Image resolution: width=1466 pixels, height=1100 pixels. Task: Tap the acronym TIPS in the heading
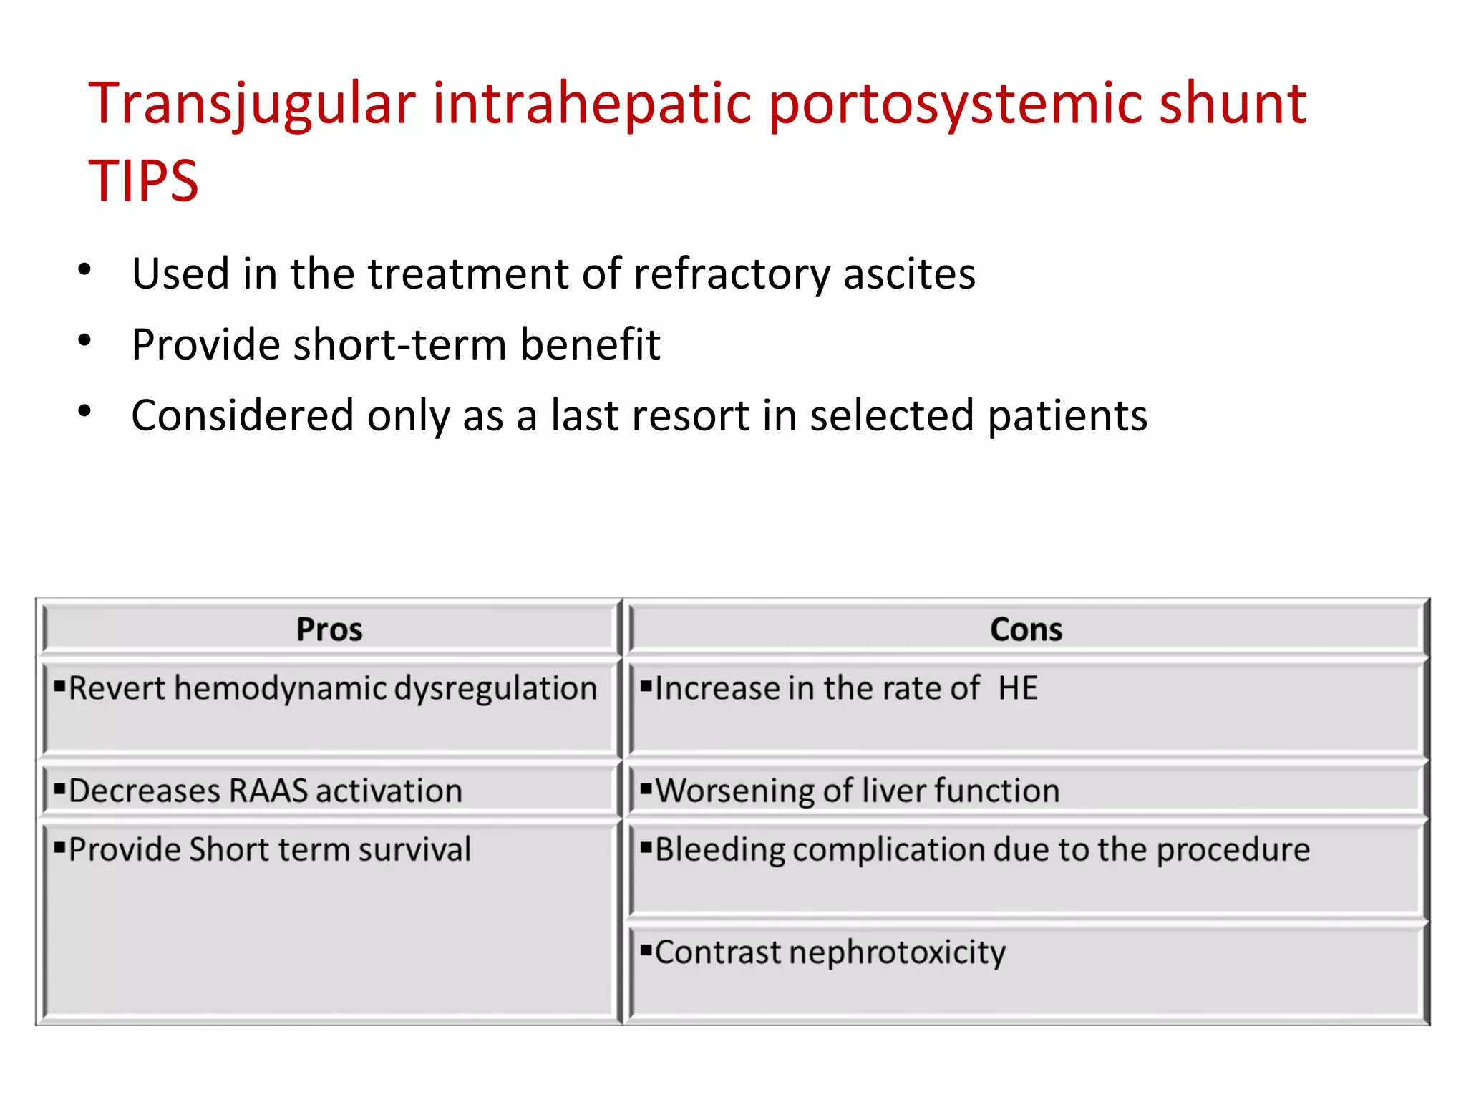tap(143, 181)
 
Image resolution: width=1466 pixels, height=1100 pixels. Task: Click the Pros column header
tap(329, 629)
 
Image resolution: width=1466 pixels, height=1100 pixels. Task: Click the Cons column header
tap(1026, 629)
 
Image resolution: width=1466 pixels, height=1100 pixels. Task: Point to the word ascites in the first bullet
tap(909, 274)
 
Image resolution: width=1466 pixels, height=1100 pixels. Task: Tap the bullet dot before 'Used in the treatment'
tap(84, 270)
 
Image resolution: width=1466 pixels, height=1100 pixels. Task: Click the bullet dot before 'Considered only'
tap(84, 411)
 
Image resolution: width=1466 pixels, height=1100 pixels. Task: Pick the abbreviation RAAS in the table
tap(268, 791)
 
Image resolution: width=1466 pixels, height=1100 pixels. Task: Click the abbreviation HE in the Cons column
tap(1018, 688)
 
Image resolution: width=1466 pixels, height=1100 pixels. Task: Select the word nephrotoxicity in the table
tap(898, 953)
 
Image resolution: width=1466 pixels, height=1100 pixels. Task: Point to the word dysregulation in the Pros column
tap(495, 689)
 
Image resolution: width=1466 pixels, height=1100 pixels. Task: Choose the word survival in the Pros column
tap(414, 850)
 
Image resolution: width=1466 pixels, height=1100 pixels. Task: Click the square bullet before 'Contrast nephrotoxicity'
tap(646, 950)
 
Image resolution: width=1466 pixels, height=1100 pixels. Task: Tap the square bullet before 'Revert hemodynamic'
tap(59, 686)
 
